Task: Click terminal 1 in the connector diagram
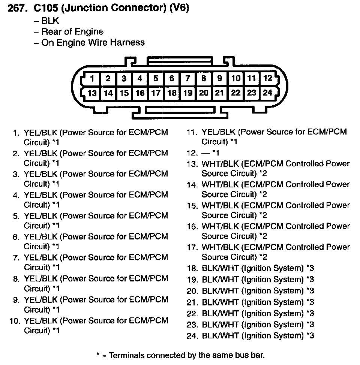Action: click(x=92, y=79)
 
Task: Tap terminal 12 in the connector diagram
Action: click(x=267, y=78)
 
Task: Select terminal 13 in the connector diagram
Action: click(x=92, y=93)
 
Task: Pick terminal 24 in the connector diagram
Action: click(x=267, y=93)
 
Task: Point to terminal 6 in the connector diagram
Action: click(x=171, y=79)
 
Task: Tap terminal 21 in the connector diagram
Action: click(x=219, y=93)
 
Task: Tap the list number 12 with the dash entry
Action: click(x=192, y=153)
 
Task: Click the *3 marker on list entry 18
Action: click(x=310, y=268)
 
